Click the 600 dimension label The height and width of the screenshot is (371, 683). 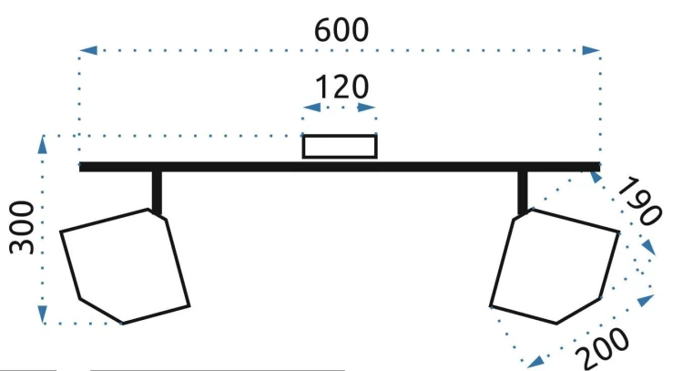click(x=341, y=30)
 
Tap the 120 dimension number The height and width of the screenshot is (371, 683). click(x=341, y=88)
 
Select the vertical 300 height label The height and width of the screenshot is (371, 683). click(x=22, y=228)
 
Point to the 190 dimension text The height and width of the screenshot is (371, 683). click(x=639, y=201)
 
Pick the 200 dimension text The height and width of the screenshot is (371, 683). click(x=603, y=348)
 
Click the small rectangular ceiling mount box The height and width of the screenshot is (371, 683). click(x=340, y=147)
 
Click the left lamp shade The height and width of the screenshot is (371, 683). click(x=125, y=266)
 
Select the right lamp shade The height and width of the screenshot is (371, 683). click(x=555, y=266)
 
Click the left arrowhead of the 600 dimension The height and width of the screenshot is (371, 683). click(x=88, y=50)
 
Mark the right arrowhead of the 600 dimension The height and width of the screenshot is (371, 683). click(x=592, y=50)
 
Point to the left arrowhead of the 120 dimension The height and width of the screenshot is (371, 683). click(x=311, y=108)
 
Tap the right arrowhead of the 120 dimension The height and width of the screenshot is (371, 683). click(x=367, y=108)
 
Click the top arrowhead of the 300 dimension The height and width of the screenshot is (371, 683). click(x=42, y=145)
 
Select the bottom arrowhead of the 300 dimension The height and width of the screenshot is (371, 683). click(x=42, y=314)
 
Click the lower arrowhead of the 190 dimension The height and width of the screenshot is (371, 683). click(x=649, y=247)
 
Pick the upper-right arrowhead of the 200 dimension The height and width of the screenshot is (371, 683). click(x=646, y=301)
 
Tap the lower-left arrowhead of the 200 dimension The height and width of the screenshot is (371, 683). click(x=535, y=361)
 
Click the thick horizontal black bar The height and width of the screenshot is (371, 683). click(x=340, y=167)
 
